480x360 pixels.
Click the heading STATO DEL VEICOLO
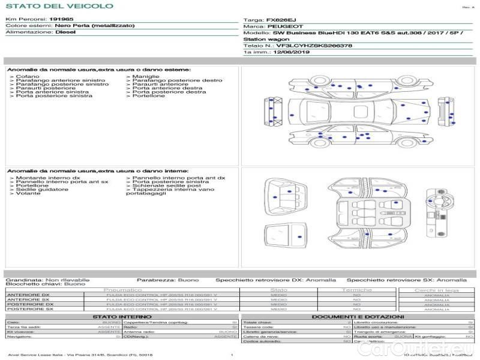click(59, 7)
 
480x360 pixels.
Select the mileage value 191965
click(61, 19)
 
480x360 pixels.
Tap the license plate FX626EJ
click(281, 20)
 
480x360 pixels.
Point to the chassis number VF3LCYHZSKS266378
click(314, 46)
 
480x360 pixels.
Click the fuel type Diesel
click(65, 32)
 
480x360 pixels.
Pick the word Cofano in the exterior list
click(28, 77)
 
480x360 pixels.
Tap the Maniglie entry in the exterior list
click(146, 77)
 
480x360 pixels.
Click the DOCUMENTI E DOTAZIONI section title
click(358, 316)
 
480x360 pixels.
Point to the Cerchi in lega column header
click(436, 290)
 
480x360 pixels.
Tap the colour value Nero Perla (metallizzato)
click(94, 26)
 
